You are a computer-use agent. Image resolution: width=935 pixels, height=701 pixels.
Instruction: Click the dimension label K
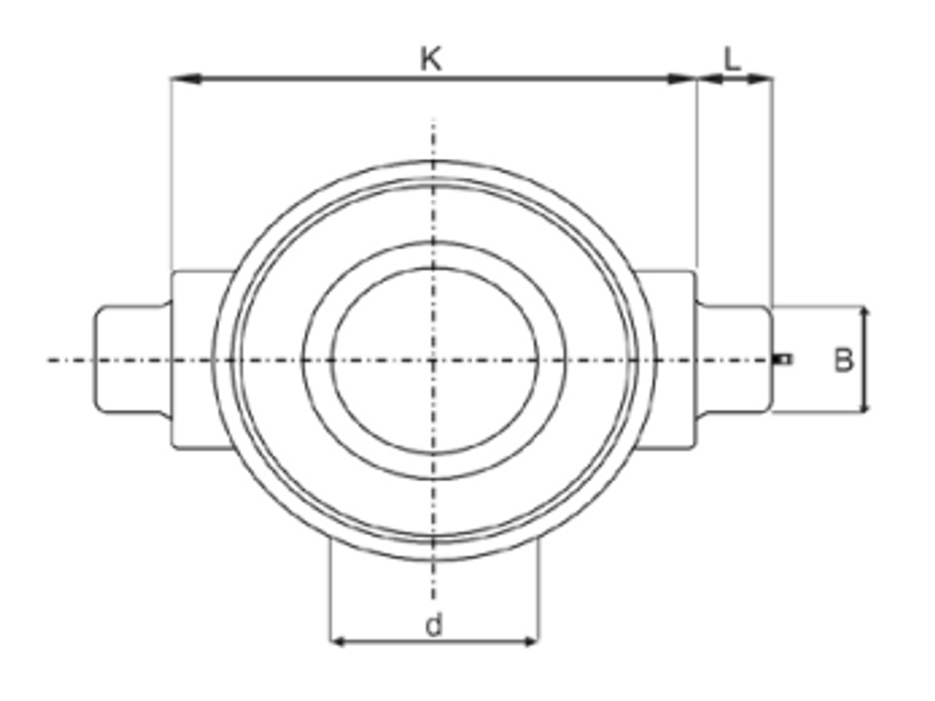(430, 60)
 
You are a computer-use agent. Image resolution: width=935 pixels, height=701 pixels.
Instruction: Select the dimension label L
(732, 60)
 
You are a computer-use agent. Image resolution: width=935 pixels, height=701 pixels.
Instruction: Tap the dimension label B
(843, 360)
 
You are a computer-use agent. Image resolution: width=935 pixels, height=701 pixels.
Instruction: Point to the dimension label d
(433, 625)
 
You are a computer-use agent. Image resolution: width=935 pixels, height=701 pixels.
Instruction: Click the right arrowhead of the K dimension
(686, 80)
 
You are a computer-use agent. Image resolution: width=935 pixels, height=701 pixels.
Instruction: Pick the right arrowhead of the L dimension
(764, 80)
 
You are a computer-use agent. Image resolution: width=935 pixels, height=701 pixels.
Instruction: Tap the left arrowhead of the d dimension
(338, 642)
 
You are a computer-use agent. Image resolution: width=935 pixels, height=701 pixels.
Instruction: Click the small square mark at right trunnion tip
(785, 358)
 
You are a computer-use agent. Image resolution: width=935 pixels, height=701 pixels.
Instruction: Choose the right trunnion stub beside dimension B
(735, 358)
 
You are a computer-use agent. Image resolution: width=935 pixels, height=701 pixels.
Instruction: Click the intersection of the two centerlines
(433, 359)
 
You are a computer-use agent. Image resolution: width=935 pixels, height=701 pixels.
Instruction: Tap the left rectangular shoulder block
(193, 359)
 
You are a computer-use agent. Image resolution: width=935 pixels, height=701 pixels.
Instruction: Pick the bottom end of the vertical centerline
(433, 599)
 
